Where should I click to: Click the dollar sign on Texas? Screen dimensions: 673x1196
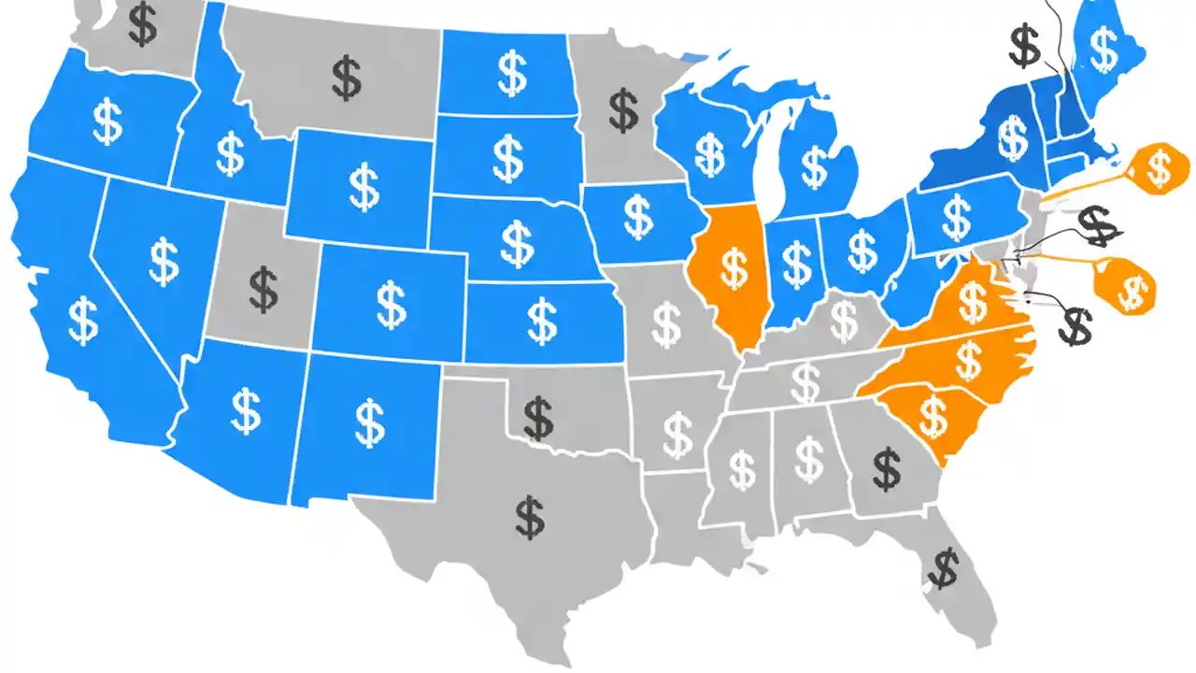(x=530, y=518)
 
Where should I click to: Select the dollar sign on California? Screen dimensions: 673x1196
(x=83, y=320)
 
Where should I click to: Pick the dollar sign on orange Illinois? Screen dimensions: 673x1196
(x=734, y=267)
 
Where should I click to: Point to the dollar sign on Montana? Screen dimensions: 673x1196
(x=347, y=79)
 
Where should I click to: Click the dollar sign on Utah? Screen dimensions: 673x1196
(x=263, y=290)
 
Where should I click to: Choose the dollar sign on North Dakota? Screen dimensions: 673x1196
(x=511, y=74)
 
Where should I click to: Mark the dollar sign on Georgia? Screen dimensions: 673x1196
(x=886, y=470)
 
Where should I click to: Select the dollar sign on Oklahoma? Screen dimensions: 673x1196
(x=538, y=418)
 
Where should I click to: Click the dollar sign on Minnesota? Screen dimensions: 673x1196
(x=623, y=110)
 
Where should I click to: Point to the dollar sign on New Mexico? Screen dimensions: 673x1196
(x=371, y=422)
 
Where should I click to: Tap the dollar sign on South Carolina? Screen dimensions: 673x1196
(x=933, y=416)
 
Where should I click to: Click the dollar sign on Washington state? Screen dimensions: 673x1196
(x=142, y=24)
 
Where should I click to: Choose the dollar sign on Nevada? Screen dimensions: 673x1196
(x=164, y=261)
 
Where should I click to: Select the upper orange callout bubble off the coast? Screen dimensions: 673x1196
(x=1159, y=168)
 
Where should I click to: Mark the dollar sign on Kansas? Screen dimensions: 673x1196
(x=542, y=321)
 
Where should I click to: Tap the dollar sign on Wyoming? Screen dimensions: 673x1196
(x=363, y=188)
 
